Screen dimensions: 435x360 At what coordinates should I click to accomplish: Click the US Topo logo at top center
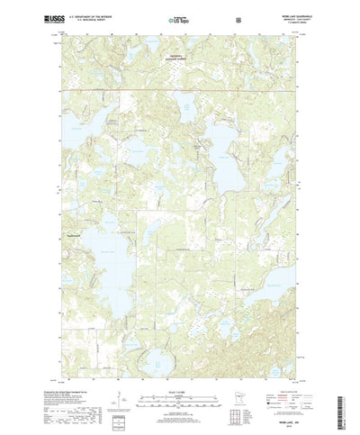click(x=178, y=18)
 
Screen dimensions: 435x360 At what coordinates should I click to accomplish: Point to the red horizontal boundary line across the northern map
click(x=180, y=89)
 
